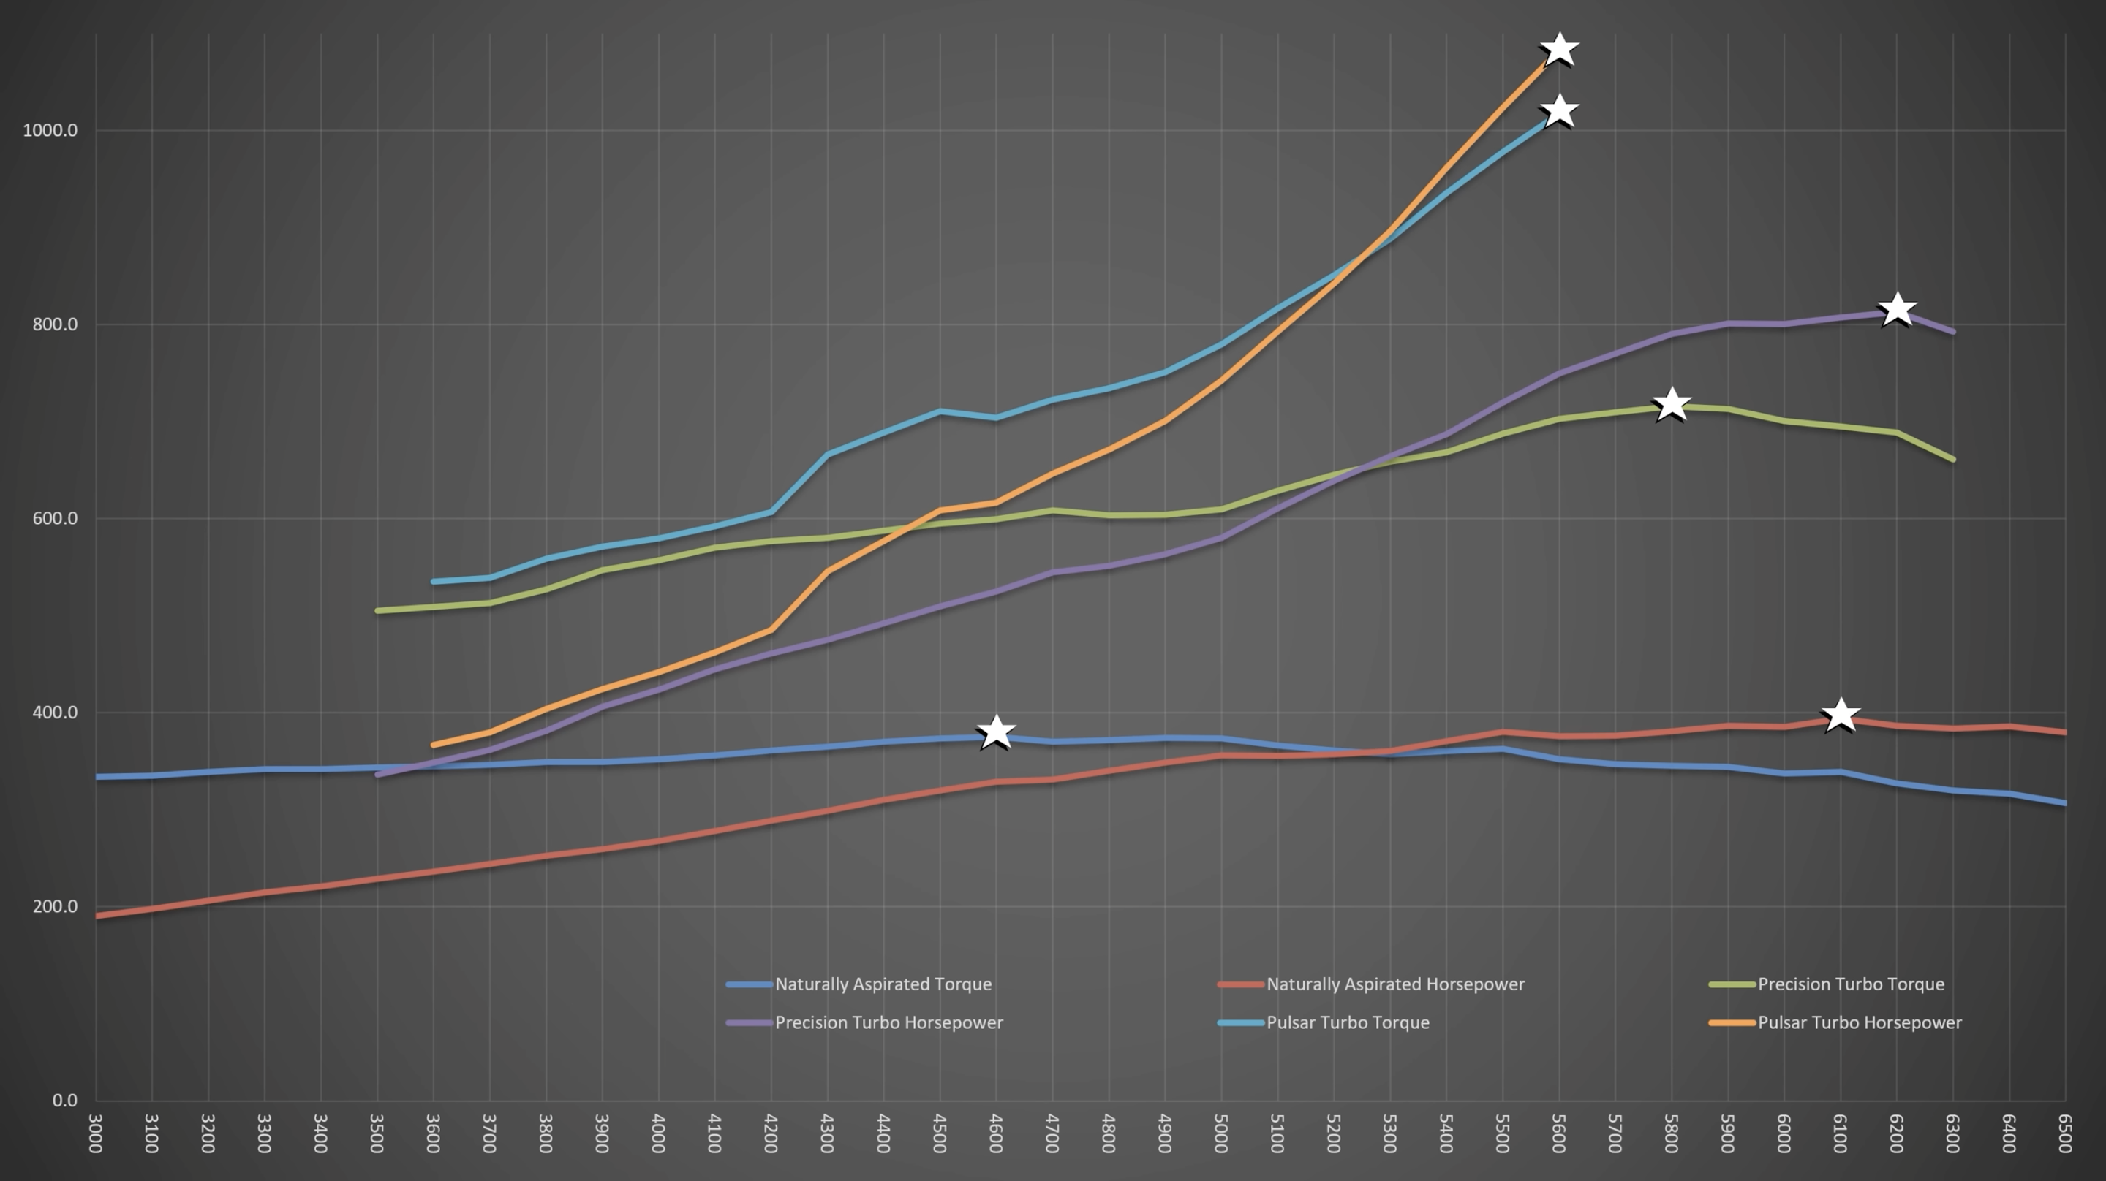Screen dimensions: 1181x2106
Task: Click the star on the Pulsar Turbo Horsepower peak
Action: (x=1559, y=50)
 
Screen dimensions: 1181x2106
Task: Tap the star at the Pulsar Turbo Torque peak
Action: (x=1559, y=111)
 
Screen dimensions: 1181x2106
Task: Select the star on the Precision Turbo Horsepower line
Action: (x=1897, y=310)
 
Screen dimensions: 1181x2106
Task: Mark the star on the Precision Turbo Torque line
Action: (x=1671, y=403)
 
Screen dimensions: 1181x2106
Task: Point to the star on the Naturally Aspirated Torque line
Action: (x=996, y=731)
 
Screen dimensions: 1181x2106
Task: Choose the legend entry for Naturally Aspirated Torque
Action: (x=883, y=984)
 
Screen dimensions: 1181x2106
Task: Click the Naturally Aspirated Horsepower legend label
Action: (x=1394, y=984)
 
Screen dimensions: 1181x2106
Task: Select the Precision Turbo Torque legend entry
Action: (x=1850, y=984)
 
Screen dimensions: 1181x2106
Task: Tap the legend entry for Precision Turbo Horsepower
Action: (x=888, y=1022)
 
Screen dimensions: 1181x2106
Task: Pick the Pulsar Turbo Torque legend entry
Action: (x=1347, y=1022)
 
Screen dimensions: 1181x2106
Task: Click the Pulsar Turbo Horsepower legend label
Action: (x=1859, y=1022)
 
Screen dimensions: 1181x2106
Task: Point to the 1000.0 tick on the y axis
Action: (x=50, y=131)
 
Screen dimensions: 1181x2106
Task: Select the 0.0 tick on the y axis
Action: (x=64, y=1100)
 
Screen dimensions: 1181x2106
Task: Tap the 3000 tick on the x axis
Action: (x=96, y=1133)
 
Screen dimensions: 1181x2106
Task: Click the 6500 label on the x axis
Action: (x=2065, y=1133)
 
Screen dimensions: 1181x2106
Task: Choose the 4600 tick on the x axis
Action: (x=996, y=1133)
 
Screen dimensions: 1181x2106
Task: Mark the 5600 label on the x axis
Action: (x=1559, y=1133)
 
